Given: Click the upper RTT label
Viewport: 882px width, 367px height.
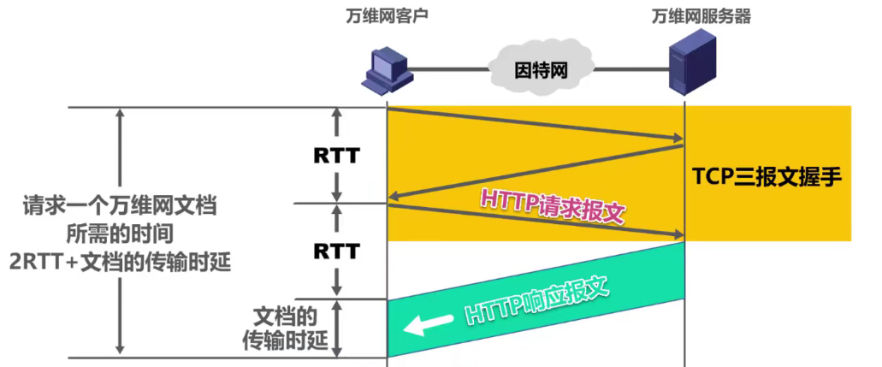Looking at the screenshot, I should pos(336,157).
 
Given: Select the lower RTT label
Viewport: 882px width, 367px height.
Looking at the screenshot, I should pos(336,251).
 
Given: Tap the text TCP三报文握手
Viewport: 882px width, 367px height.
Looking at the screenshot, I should pos(768,178).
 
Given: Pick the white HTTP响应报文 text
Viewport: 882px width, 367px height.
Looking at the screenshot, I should pos(537,302).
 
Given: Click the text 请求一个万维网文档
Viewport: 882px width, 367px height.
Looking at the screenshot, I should pos(120,207).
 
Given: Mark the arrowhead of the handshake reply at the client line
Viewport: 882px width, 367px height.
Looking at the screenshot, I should pos(394,199).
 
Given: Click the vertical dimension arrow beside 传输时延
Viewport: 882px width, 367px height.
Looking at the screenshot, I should pos(340,327).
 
